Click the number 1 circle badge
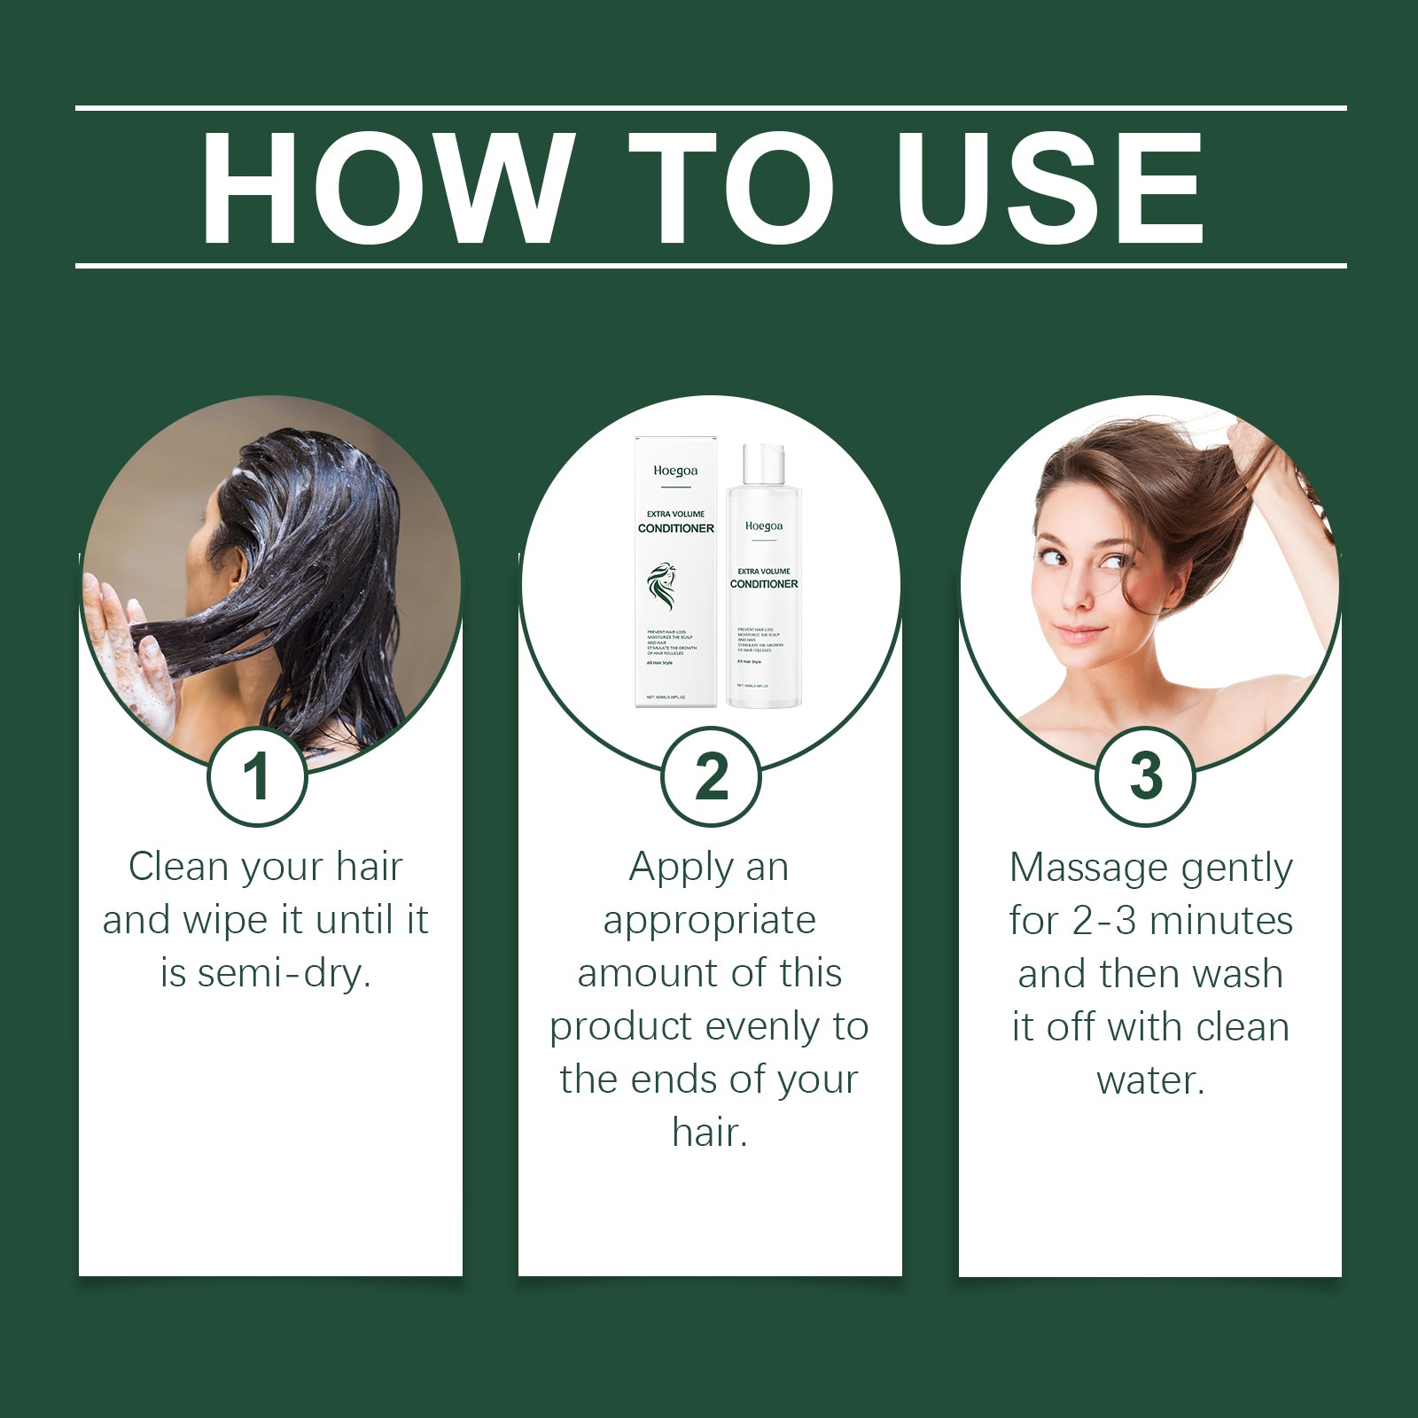point(257,776)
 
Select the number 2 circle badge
point(711,776)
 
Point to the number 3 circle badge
point(1146,776)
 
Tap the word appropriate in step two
point(709,921)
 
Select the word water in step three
point(1149,1080)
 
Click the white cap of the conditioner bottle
point(764,464)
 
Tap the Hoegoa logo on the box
point(675,471)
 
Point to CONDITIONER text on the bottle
point(763,584)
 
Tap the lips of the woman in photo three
point(1079,634)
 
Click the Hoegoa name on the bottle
point(763,526)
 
